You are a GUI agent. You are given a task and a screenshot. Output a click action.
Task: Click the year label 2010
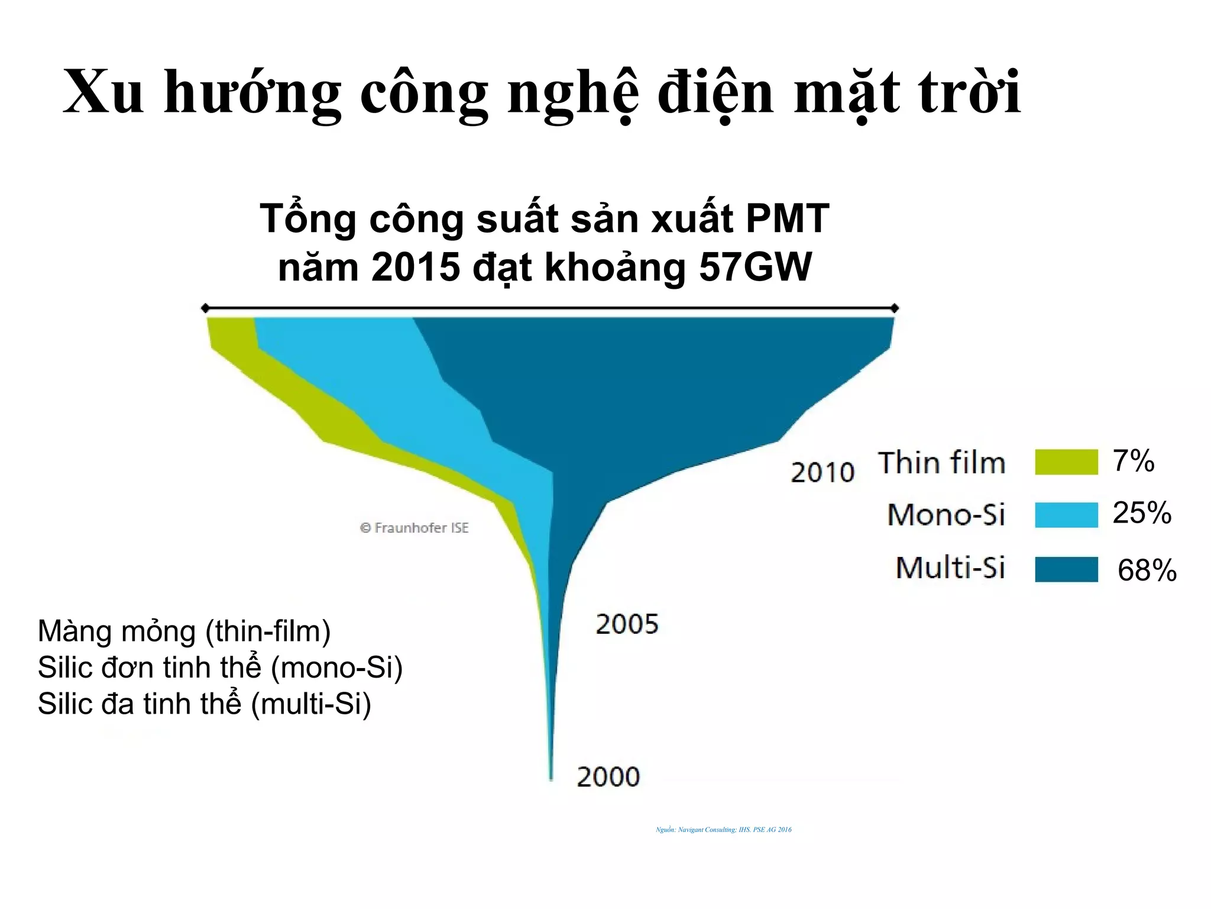823,472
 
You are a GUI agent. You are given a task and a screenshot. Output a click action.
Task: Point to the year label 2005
627,624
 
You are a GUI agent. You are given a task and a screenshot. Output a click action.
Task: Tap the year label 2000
608,777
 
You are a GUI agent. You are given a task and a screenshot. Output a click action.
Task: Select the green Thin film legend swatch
1066,462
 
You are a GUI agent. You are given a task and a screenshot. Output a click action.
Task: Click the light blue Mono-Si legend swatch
1066,514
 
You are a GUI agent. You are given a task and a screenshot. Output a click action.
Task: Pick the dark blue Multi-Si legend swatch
1066,569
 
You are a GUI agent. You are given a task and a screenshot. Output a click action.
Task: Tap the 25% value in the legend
1141,512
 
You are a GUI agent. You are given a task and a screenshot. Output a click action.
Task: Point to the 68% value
1147,570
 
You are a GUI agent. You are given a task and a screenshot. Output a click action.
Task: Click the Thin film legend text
941,463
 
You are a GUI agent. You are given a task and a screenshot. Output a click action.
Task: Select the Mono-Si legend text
946,514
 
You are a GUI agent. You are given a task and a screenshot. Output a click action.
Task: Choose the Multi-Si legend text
950,568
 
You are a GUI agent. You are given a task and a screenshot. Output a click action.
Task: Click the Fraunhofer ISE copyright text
414,528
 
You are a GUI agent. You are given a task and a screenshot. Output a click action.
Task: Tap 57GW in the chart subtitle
755,267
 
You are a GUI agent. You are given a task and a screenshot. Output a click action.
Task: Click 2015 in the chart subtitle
416,267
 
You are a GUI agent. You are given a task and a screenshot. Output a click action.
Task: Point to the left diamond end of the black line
205,308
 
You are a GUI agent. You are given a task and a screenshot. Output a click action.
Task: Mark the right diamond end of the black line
895,308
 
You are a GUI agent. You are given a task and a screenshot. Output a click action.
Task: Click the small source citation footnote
723,830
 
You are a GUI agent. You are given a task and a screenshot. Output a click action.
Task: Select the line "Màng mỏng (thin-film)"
184,631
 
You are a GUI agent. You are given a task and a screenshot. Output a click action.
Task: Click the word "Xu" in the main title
103,92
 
